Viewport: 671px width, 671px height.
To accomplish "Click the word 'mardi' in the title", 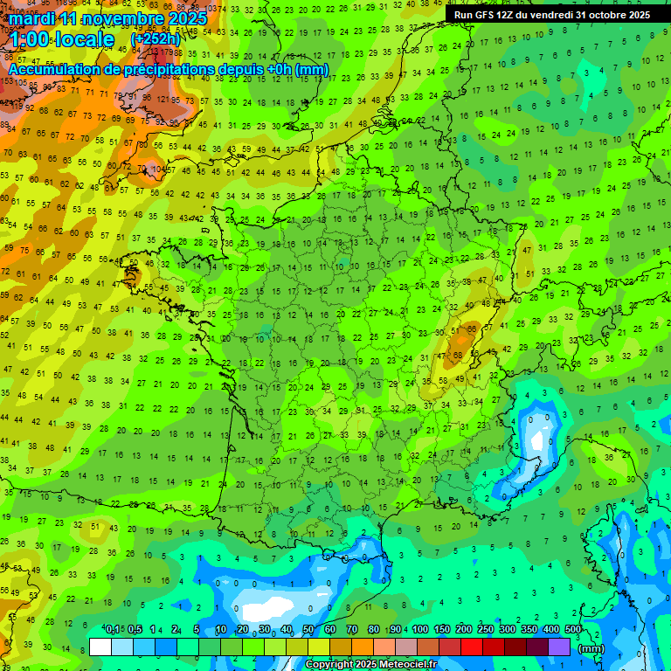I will point(34,18).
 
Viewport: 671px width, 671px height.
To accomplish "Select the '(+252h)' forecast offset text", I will point(155,39).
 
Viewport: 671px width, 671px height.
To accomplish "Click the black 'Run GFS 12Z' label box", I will point(551,15).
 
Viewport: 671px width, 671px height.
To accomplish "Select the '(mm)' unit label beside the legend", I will point(591,648).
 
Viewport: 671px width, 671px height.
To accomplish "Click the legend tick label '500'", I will point(572,630).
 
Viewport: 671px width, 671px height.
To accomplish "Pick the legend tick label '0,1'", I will point(112,630).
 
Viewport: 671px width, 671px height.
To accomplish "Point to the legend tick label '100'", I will point(419,630).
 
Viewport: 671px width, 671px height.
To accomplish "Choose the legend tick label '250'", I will point(485,630).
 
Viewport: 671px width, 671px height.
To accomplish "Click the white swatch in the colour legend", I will point(100,647).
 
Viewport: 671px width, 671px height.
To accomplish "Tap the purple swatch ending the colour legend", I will point(559,647).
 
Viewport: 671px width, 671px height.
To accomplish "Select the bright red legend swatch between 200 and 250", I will point(472,647).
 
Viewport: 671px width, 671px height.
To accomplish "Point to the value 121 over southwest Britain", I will point(163,100).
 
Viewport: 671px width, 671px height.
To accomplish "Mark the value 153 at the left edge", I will point(7,81).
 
